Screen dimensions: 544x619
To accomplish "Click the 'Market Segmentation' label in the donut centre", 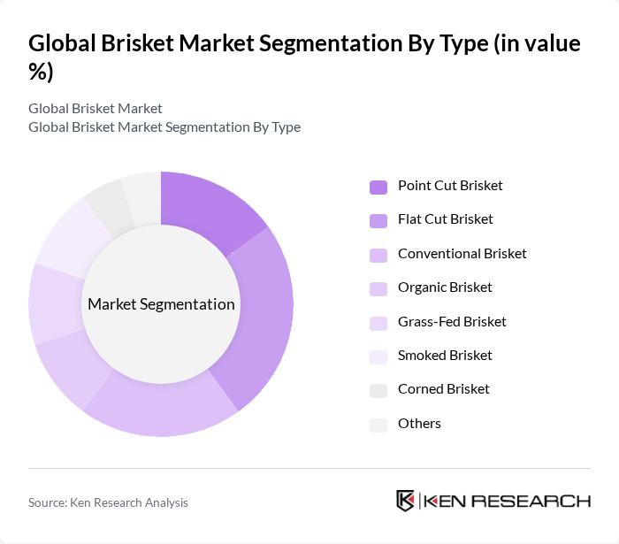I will click(x=161, y=304).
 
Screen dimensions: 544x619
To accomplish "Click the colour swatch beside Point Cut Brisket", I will click(x=378, y=187).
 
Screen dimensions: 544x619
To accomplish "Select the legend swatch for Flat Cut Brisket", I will click(x=378, y=220).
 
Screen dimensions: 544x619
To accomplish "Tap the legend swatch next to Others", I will click(x=378, y=425).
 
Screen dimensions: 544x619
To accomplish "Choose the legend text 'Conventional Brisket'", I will click(x=462, y=254).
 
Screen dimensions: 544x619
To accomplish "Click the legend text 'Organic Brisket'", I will click(x=445, y=287).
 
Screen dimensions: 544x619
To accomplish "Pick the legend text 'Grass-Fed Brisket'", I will click(x=452, y=322).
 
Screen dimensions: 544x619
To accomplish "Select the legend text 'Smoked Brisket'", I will click(x=445, y=356).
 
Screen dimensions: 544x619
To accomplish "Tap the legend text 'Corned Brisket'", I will click(x=443, y=389).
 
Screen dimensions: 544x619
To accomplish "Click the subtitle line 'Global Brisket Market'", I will click(x=96, y=109).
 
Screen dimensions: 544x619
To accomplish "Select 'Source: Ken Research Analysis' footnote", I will click(x=108, y=502).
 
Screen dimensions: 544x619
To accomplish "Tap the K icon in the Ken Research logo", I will click(x=406, y=501).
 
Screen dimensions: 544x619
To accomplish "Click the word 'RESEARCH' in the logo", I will click(x=540, y=502).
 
